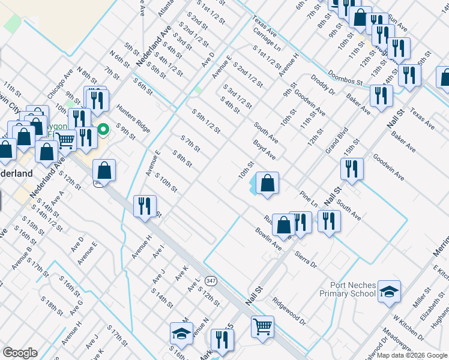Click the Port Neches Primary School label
pos(352,289)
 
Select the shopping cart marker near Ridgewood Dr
pos(262,326)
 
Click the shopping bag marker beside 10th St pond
pos(268,182)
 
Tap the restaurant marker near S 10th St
pos(145,206)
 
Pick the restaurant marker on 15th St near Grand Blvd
pos(352,168)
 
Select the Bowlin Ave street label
pos(268,239)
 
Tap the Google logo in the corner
pos(19,353)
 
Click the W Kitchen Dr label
pos(408,328)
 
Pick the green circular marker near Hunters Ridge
pos(103,128)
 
